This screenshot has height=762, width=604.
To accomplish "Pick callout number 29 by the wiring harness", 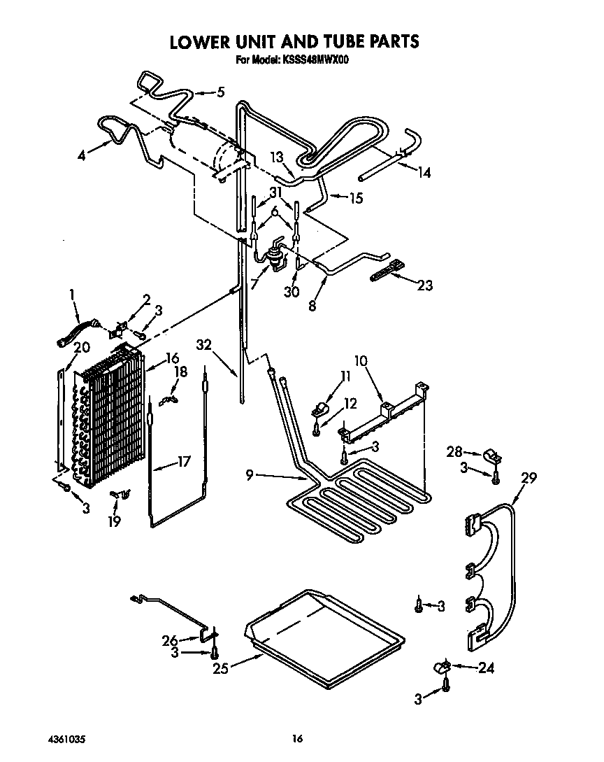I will coord(528,479).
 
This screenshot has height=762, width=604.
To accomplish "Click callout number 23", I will coord(424,285).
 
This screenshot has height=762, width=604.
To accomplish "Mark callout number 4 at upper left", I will coord(82,157).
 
